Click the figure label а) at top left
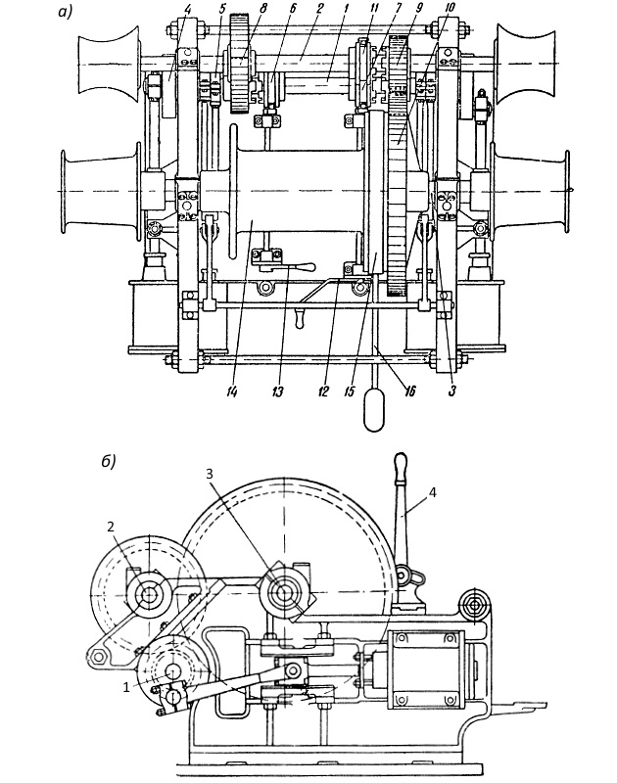[66, 12]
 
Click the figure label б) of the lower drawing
[109, 461]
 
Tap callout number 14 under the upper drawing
[231, 392]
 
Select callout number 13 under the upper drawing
[278, 392]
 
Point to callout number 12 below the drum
[323, 392]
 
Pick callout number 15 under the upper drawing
[350, 392]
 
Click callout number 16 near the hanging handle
[409, 391]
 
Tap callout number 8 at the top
[263, 8]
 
